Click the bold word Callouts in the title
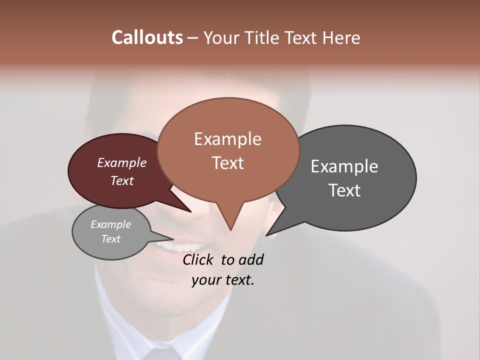click(x=147, y=37)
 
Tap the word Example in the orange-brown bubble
click(x=227, y=139)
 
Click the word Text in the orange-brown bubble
click(x=227, y=163)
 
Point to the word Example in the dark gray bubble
click(x=344, y=166)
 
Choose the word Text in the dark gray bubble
click(x=344, y=190)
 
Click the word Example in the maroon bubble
click(x=121, y=163)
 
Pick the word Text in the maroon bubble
click(x=122, y=180)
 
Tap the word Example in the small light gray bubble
click(x=110, y=224)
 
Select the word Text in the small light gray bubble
click(x=110, y=239)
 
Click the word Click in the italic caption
click(x=199, y=259)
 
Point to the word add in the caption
click(x=251, y=259)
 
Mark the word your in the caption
click(x=206, y=280)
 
